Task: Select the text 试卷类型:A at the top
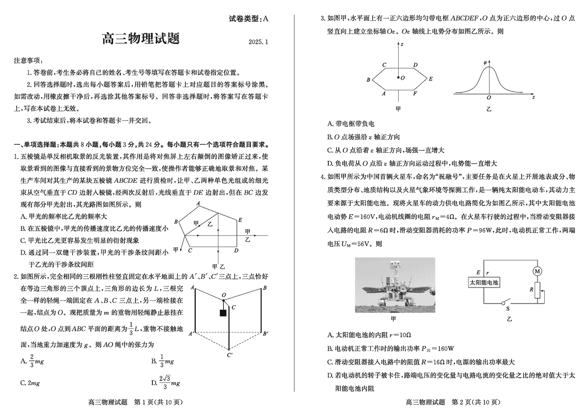pos(249,19)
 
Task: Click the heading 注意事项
pos(29,60)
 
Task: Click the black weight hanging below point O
pos(223,313)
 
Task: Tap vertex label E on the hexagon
pos(430,79)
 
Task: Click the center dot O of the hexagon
pos(398,78)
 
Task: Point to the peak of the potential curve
pos(489,67)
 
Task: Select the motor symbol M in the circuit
pos(537,271)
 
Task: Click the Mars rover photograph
pos(395,285)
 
